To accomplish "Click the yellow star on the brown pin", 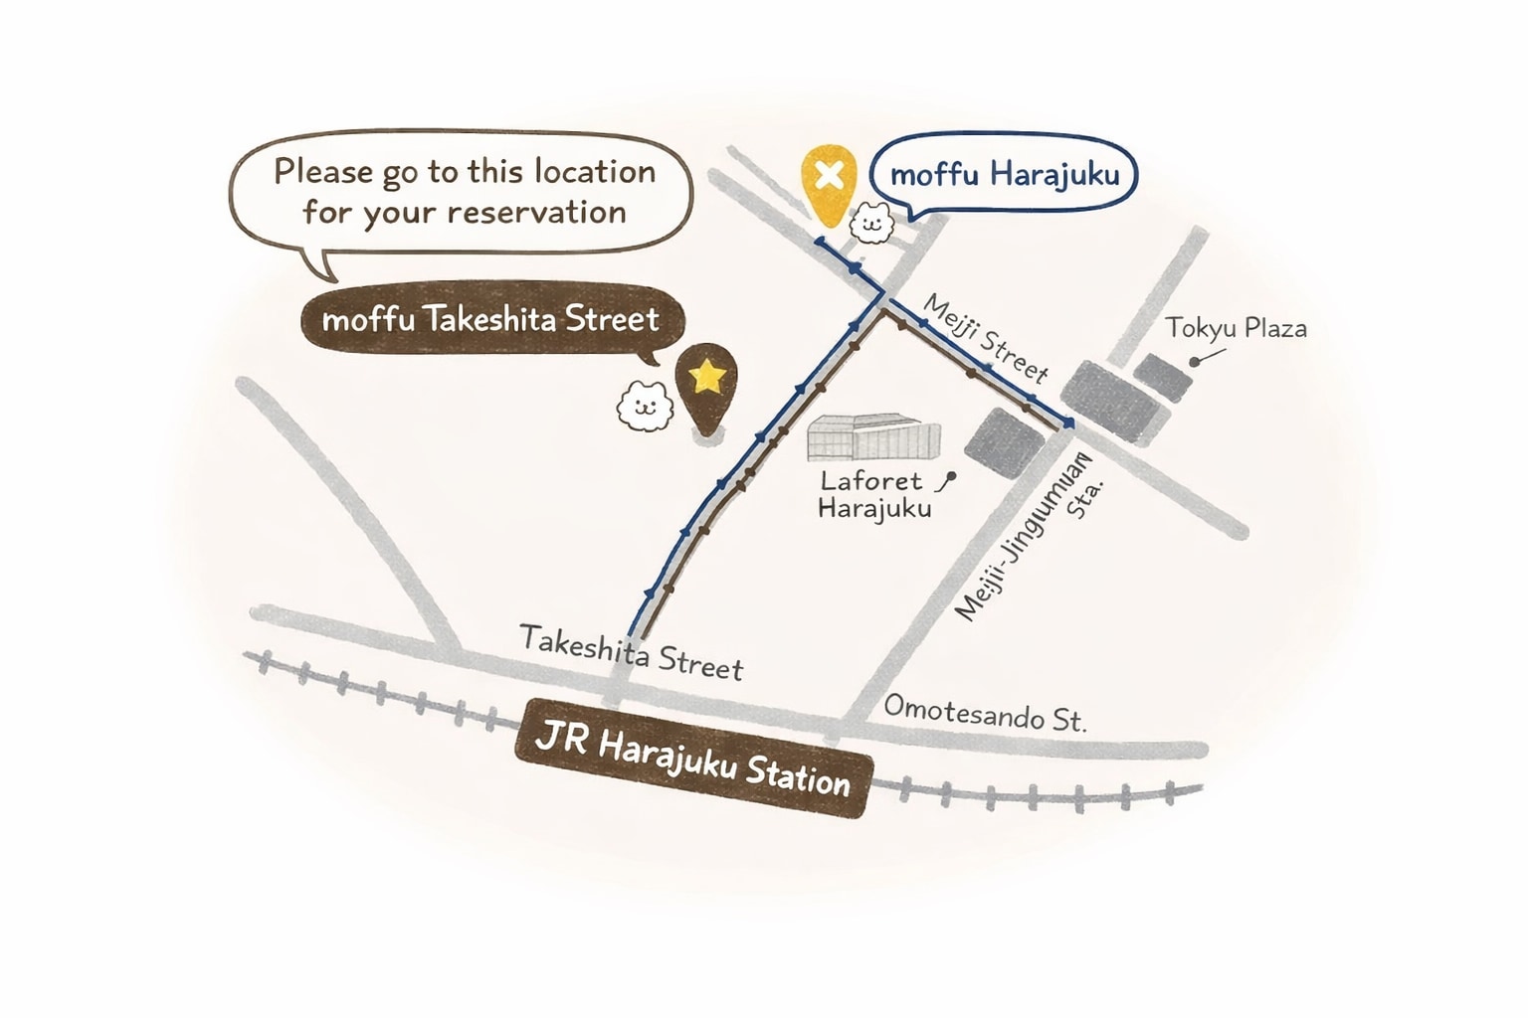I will coord(707,377).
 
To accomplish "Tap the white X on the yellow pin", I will coord(829,176).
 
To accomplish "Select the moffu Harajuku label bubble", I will coord(1004,176).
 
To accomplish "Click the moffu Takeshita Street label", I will coord(490,320).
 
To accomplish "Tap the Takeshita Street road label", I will coord(631,652).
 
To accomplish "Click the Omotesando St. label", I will coord(985,713).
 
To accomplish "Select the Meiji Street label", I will coord(985,338).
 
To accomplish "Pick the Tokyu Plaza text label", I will coord(1236,328).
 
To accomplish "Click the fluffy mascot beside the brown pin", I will coord(645,404).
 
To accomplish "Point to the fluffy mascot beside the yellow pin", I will coord(872,222).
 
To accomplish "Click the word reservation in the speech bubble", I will coord(535,212).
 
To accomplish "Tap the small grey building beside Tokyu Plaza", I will coord(1163,376).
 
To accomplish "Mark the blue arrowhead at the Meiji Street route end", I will coord(1067,424).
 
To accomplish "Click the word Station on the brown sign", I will coord(798,773).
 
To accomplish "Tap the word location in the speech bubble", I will coord(594,171).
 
